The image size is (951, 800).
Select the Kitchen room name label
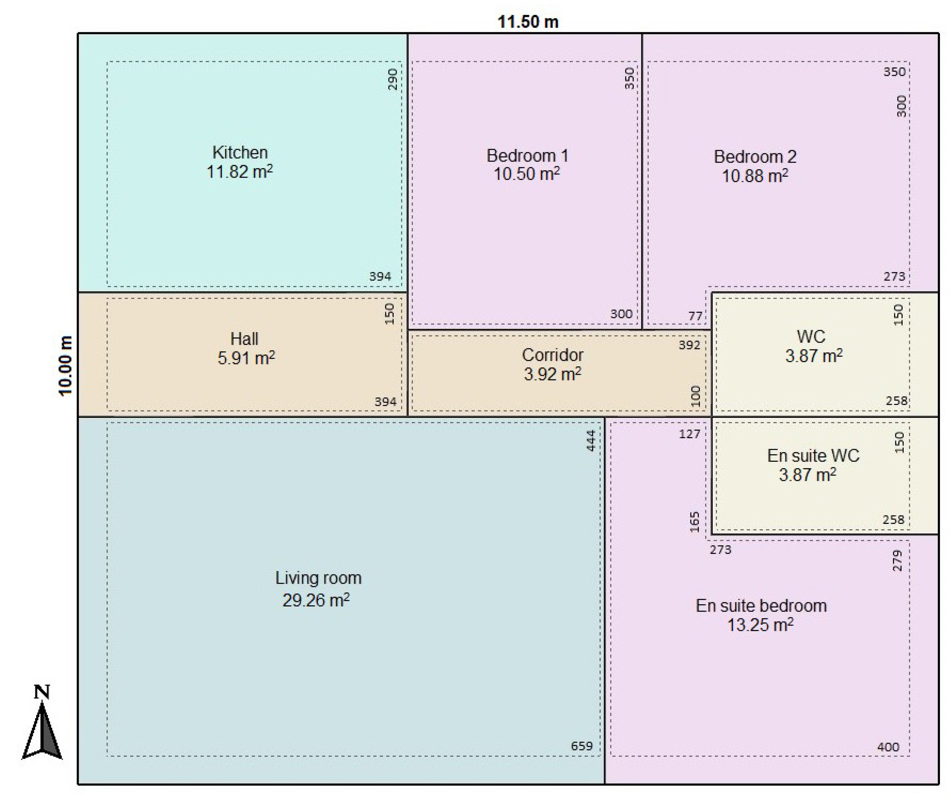coord(240,152)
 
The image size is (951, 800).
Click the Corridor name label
coord(552,355)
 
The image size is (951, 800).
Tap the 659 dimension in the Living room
coord(582,746)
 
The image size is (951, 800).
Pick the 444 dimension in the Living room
coord(591,440)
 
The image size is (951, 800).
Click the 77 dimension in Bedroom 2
coord(695,316)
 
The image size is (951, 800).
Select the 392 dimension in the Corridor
coord(689,345)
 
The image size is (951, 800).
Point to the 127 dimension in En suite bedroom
coord(689,434)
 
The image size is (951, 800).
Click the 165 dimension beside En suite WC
coord(695,522)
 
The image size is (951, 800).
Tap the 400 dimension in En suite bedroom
coord(888,747)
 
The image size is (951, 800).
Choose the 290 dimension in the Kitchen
coord(393,79)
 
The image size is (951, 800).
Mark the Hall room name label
coord(244,339)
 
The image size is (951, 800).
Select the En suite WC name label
coord(813,455)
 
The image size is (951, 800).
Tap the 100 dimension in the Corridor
coord(695,396)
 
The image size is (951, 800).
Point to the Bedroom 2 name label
coord(755,157)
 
